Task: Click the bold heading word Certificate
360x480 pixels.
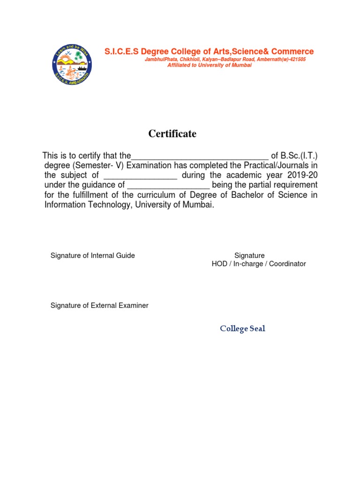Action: tap(172, 134)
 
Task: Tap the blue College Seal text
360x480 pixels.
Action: tap(242, 329)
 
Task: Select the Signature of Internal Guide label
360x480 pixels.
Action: tap(92, 255)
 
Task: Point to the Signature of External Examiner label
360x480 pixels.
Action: tap(99, 306)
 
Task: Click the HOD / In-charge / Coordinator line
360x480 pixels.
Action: tap(259, 264)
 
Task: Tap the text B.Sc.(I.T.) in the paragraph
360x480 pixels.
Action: tap(300, 156)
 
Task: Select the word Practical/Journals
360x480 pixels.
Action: tap(272, 165)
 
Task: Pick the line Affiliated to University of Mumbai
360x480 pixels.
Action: tap(210, 65)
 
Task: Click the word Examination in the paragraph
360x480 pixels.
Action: tap(149, 165)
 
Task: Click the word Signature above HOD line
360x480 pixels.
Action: tap(249, 255)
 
